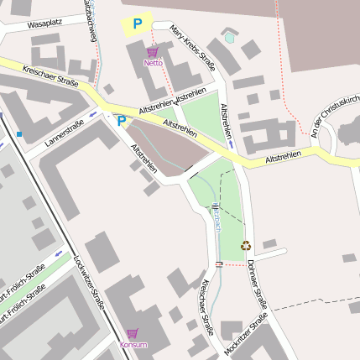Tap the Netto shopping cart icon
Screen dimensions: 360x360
tap(152, 52)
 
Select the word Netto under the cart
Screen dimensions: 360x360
tap(153, 63)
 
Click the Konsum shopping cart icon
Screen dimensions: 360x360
tap(133, 333)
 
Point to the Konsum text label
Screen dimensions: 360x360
tap(133, 345)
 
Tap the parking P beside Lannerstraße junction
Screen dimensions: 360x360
tap(121, 121)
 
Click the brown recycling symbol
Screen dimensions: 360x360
tap(246, 246)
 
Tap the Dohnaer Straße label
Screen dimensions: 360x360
tap(257, 282)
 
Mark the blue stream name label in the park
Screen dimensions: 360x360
tap(217, 217)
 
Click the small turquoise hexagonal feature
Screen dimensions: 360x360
tap(230, 38)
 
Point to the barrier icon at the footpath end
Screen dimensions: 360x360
tap(219, 264)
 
